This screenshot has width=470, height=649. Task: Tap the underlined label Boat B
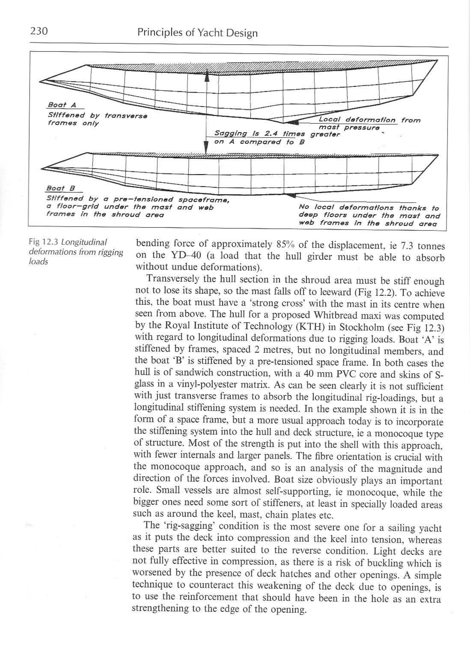click(x=61, y=188)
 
